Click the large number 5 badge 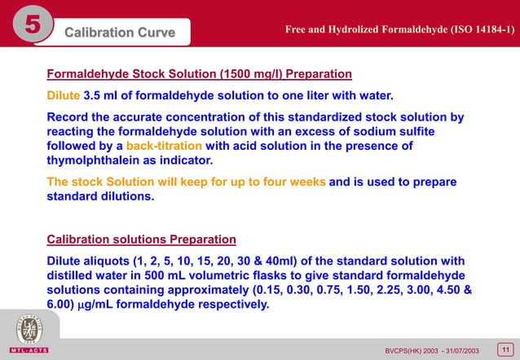pyautogui.click(x=30, y=30)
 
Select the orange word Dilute pyautogui.click(x=64, y=94)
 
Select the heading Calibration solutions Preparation pyautogui.click(x=142, y=239)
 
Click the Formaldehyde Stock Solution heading pyautogui.click(x=200, y=74)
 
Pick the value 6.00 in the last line pyautogui.click(x=64, y=305)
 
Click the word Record pyautogui.click(x=68, y=116)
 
